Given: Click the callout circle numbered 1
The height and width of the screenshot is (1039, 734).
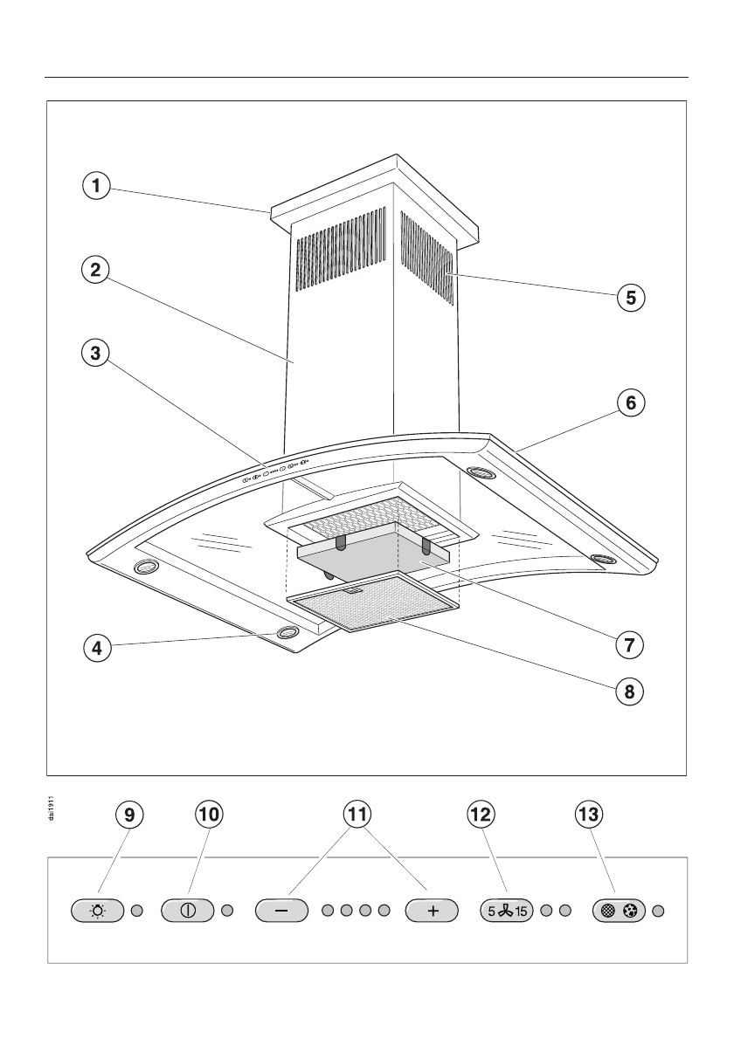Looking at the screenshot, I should pos(98,185).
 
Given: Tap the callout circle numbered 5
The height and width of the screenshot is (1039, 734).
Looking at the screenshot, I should pos(631,297).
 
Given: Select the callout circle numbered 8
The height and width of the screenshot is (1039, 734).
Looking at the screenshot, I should pos(629,692).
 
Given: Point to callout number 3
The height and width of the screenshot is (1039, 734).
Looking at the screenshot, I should pos(98,353).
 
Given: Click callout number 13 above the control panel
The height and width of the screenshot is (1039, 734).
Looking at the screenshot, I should pos(589,815).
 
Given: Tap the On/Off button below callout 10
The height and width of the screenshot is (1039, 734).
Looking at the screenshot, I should pos(187,910).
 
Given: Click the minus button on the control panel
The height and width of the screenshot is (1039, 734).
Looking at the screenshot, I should pos(281,910).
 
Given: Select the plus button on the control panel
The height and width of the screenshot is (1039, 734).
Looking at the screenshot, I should pos(433,910).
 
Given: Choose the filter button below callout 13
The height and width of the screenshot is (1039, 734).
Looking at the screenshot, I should pos(618,910).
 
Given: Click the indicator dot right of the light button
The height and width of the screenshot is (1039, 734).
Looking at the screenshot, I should pos(136,910).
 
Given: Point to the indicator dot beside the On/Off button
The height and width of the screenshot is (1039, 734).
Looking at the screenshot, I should pos(227,910).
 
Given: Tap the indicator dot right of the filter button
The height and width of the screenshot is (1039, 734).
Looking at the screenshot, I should pos(659,910).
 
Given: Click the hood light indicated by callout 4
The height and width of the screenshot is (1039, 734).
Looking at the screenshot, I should pos(287,634).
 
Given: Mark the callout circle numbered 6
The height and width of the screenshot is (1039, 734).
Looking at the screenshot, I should pos(631,403).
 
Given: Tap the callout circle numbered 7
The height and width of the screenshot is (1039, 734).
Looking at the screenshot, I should pos(629,644).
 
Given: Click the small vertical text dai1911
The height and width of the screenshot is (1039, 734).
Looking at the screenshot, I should pos(53,808).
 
